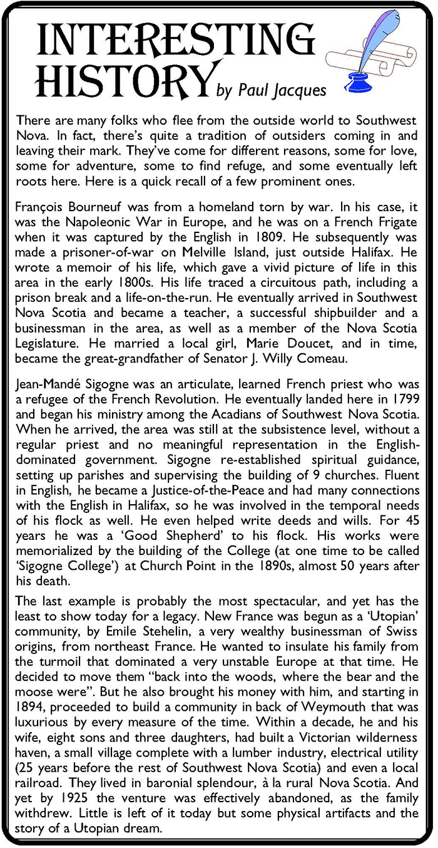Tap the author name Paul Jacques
coord(280,91)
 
